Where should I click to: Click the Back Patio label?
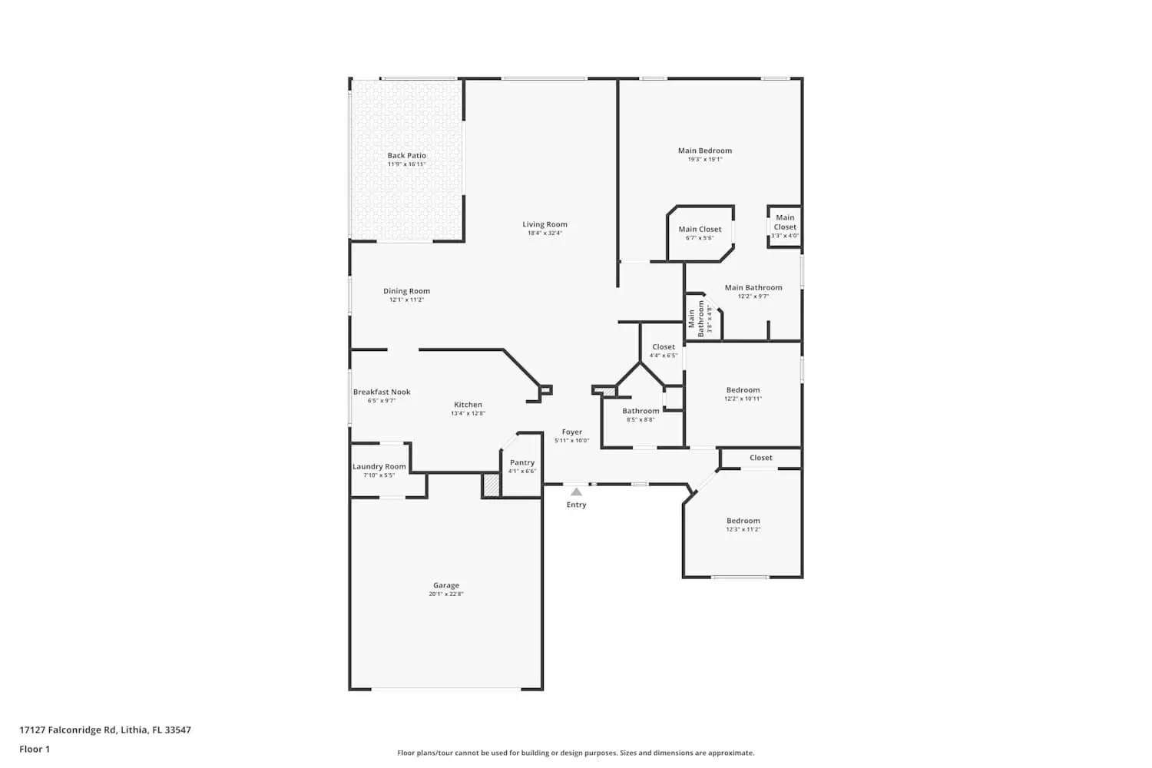pos(406,156)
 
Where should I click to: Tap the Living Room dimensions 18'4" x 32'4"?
pos(545,233)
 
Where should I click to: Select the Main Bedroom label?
pos(704,151)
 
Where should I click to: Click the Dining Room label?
pos(406,291)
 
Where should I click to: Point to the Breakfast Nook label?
pos(382,392)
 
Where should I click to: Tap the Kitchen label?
pos(468,405)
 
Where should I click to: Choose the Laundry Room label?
pos(379,467)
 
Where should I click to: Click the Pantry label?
pos(521,462)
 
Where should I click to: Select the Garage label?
pos(445,585)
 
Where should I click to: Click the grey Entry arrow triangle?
pos(576,492)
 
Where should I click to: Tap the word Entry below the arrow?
pos(576,505)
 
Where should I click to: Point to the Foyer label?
pos(571,432)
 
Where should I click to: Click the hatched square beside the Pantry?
pos(491,485)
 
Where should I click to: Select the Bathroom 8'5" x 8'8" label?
pos(641,411)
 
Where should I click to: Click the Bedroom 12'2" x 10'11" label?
pos(743,390)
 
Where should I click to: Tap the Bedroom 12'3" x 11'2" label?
pos(743,521)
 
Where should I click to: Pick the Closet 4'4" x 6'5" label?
pos(664,347)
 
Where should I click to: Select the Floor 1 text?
pos(35,749)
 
